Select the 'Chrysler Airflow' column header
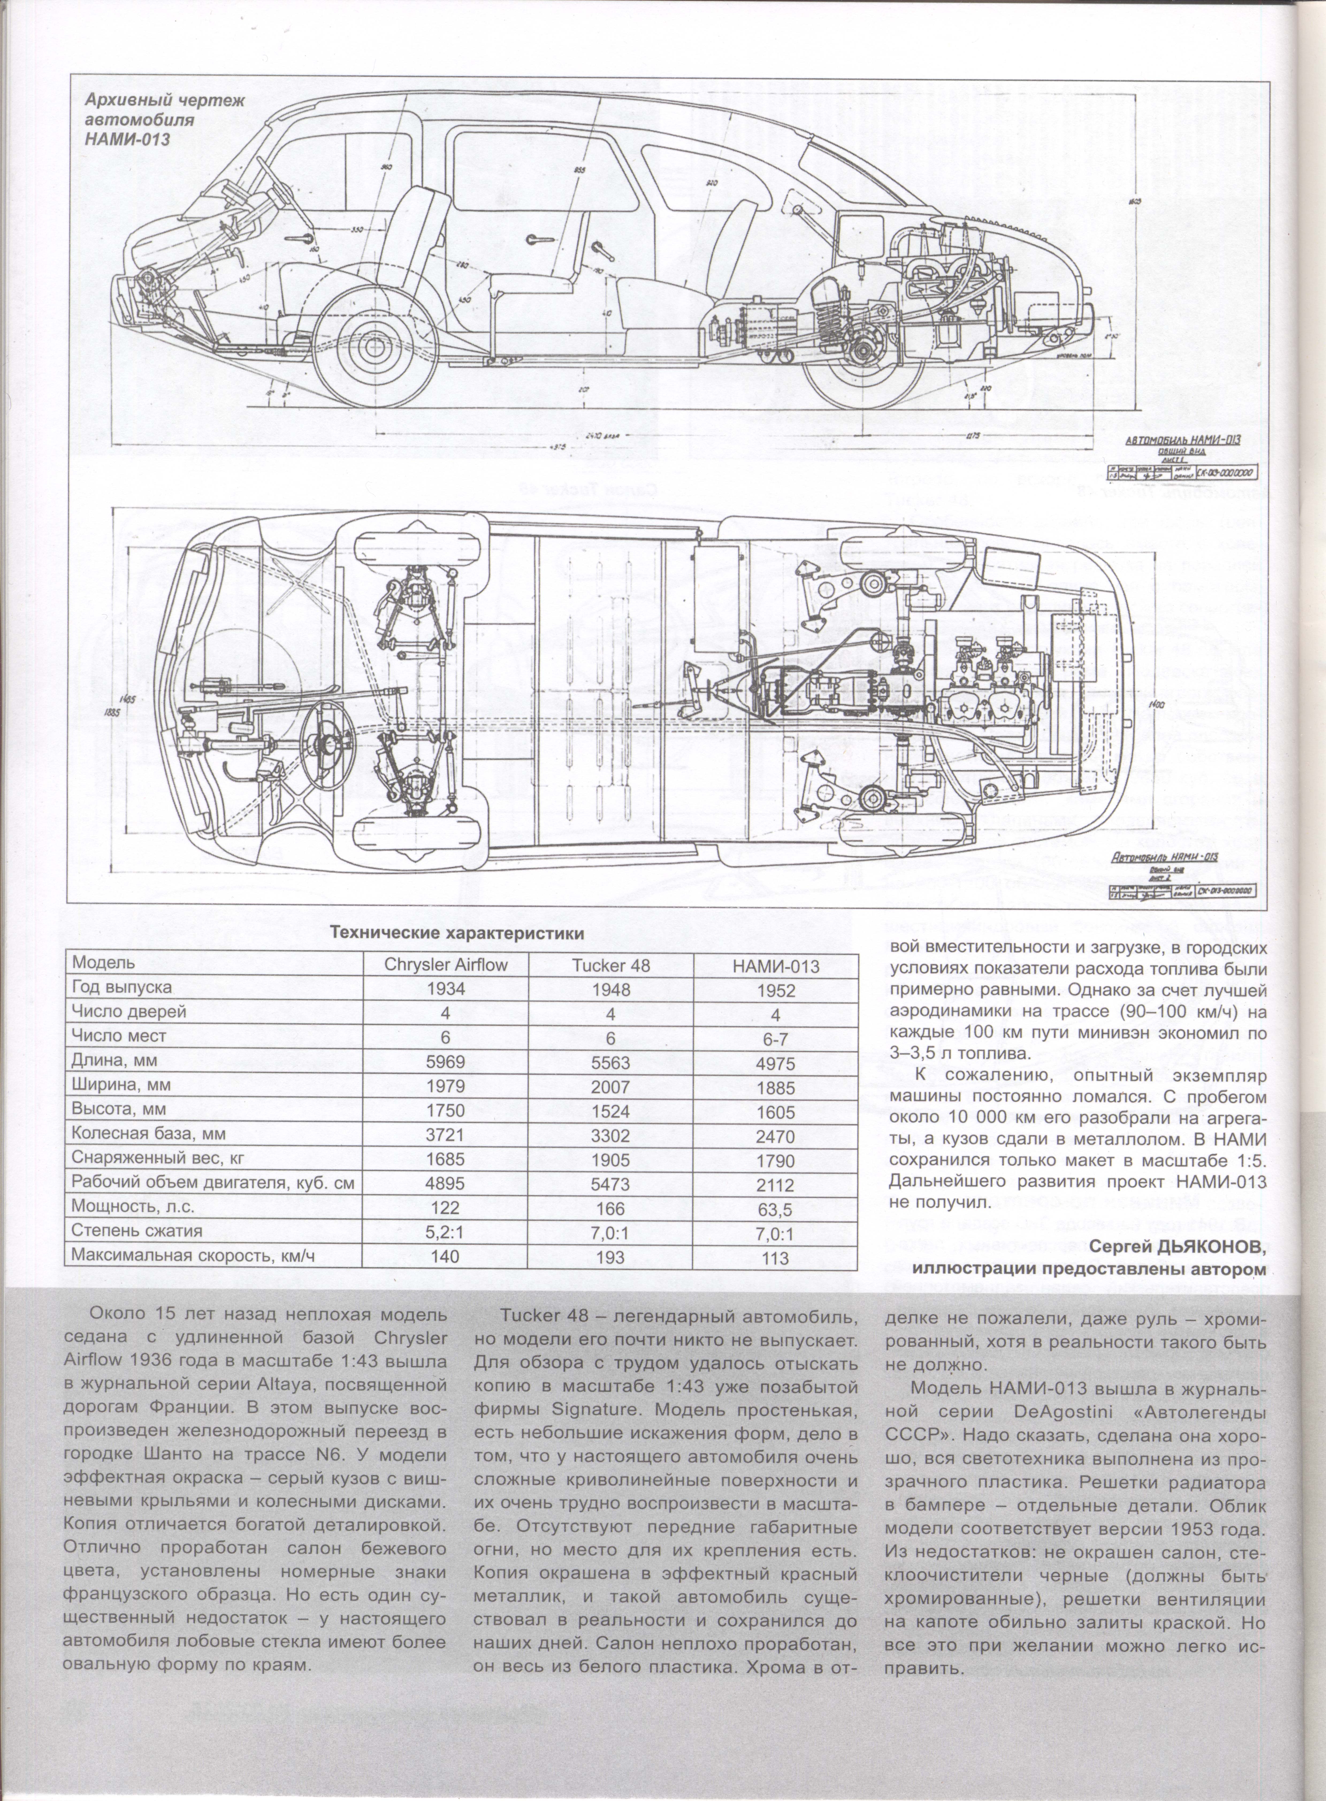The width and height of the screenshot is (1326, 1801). click(446, 965)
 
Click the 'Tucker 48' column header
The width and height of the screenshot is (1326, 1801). click(612, 965)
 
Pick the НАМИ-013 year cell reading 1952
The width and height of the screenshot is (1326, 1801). click(776, 991)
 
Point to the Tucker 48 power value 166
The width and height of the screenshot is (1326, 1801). click(612, 1207)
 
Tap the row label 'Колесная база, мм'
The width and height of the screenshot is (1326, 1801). click(148, 1135)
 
